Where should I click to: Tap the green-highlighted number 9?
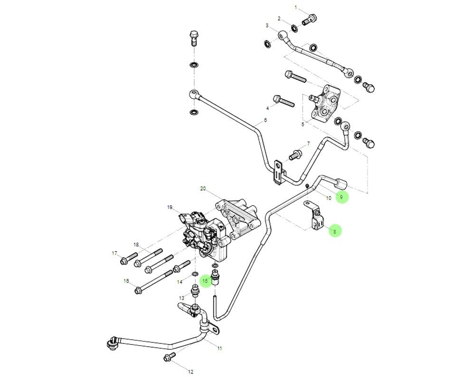(x=341, y=196)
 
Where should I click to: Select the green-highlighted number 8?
(x=335, y=231)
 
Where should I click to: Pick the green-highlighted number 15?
(x=205, y=281)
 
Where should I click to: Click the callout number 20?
(x=203, y=189)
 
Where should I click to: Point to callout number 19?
(x=169, y=208)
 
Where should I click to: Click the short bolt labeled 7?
(x=295, y=154)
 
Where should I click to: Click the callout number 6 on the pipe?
(x=265, y=120)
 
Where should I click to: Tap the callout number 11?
(x=219, y=348)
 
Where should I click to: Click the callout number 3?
(x=267, y=25)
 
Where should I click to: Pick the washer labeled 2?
(x=294, y=29)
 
